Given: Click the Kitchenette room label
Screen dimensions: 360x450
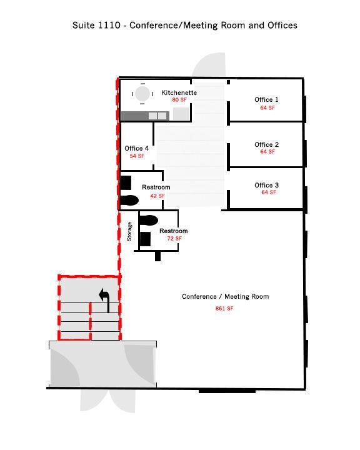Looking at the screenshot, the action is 179,92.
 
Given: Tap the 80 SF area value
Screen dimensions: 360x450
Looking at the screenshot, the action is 179,100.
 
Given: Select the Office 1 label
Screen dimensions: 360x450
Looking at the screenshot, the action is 266,99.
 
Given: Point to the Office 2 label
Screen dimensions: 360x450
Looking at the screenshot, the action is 266,144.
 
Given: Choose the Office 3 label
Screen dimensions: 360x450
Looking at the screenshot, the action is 266,185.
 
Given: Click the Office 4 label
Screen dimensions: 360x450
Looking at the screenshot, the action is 137,148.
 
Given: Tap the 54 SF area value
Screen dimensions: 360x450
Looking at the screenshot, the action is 137,156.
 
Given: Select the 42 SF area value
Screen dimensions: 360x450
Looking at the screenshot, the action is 157,196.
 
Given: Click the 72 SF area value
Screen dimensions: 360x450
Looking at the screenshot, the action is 174,239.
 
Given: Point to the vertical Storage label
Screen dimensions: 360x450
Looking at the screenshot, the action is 129,231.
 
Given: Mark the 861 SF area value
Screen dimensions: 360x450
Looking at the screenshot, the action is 224,309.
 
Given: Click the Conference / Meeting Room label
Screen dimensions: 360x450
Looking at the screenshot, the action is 226,296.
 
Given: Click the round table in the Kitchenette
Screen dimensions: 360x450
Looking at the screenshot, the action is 142,94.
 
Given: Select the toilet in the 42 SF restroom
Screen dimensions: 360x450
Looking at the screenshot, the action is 129,201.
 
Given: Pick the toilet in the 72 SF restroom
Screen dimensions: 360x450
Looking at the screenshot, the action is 148,220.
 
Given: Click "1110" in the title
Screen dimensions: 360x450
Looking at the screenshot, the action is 109,25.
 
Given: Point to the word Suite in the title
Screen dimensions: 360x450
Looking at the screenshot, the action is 84,25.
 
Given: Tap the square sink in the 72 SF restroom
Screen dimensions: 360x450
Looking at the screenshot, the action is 145,239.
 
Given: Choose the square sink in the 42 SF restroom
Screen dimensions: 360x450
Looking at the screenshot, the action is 126,182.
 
